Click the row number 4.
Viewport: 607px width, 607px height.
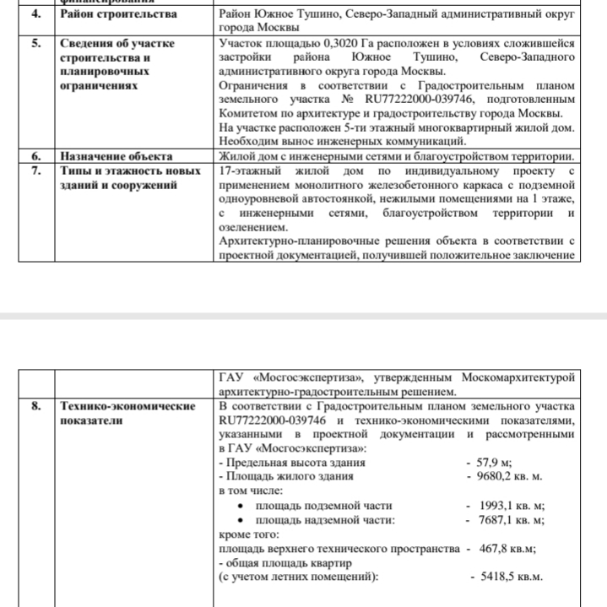coord(35,14)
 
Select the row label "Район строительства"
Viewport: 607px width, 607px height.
coord(118,14)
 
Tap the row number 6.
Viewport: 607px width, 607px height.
coord(35,156)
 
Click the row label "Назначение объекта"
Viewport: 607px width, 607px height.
coord(117,156)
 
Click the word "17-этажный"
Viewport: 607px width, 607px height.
coord(248,171)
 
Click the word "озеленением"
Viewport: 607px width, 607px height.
coord(252,226)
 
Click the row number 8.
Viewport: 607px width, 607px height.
coord(35,406)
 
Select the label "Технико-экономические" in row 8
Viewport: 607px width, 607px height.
coord(127,406)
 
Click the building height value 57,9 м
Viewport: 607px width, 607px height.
coord(495,463)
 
